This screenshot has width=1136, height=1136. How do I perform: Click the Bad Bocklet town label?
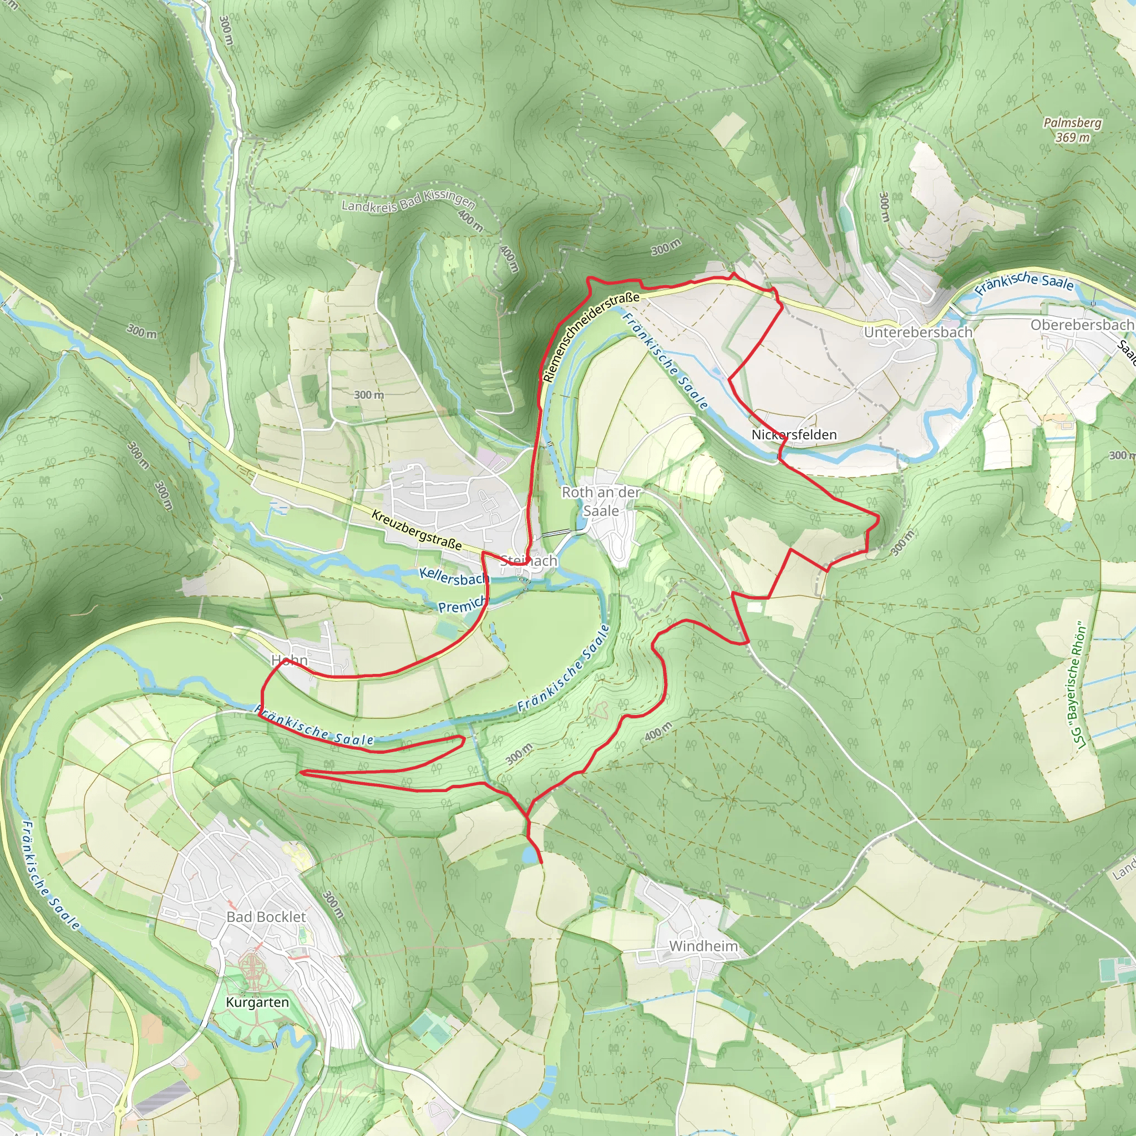[266, 917]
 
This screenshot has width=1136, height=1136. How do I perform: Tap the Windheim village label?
[703, 946]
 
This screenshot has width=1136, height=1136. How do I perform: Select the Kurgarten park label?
[257, 1002]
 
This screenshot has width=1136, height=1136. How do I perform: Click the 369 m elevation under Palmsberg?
[1072, 138]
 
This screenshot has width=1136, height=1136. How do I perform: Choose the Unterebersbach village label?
[918, 332]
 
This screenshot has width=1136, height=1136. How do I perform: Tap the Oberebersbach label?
[1081, 325]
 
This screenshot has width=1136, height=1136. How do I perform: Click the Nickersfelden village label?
[794, 434]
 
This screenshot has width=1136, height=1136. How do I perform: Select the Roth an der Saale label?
[601, 501]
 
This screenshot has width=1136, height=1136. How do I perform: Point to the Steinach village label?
[529, 561]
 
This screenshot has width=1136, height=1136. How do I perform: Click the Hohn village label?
[290, 660]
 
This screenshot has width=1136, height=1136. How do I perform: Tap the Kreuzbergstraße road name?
[417, 530]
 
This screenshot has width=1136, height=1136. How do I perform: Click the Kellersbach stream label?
[453, 577]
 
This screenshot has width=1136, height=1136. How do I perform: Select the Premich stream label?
[462, 605]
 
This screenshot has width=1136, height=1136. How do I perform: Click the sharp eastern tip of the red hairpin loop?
[464, 738]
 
